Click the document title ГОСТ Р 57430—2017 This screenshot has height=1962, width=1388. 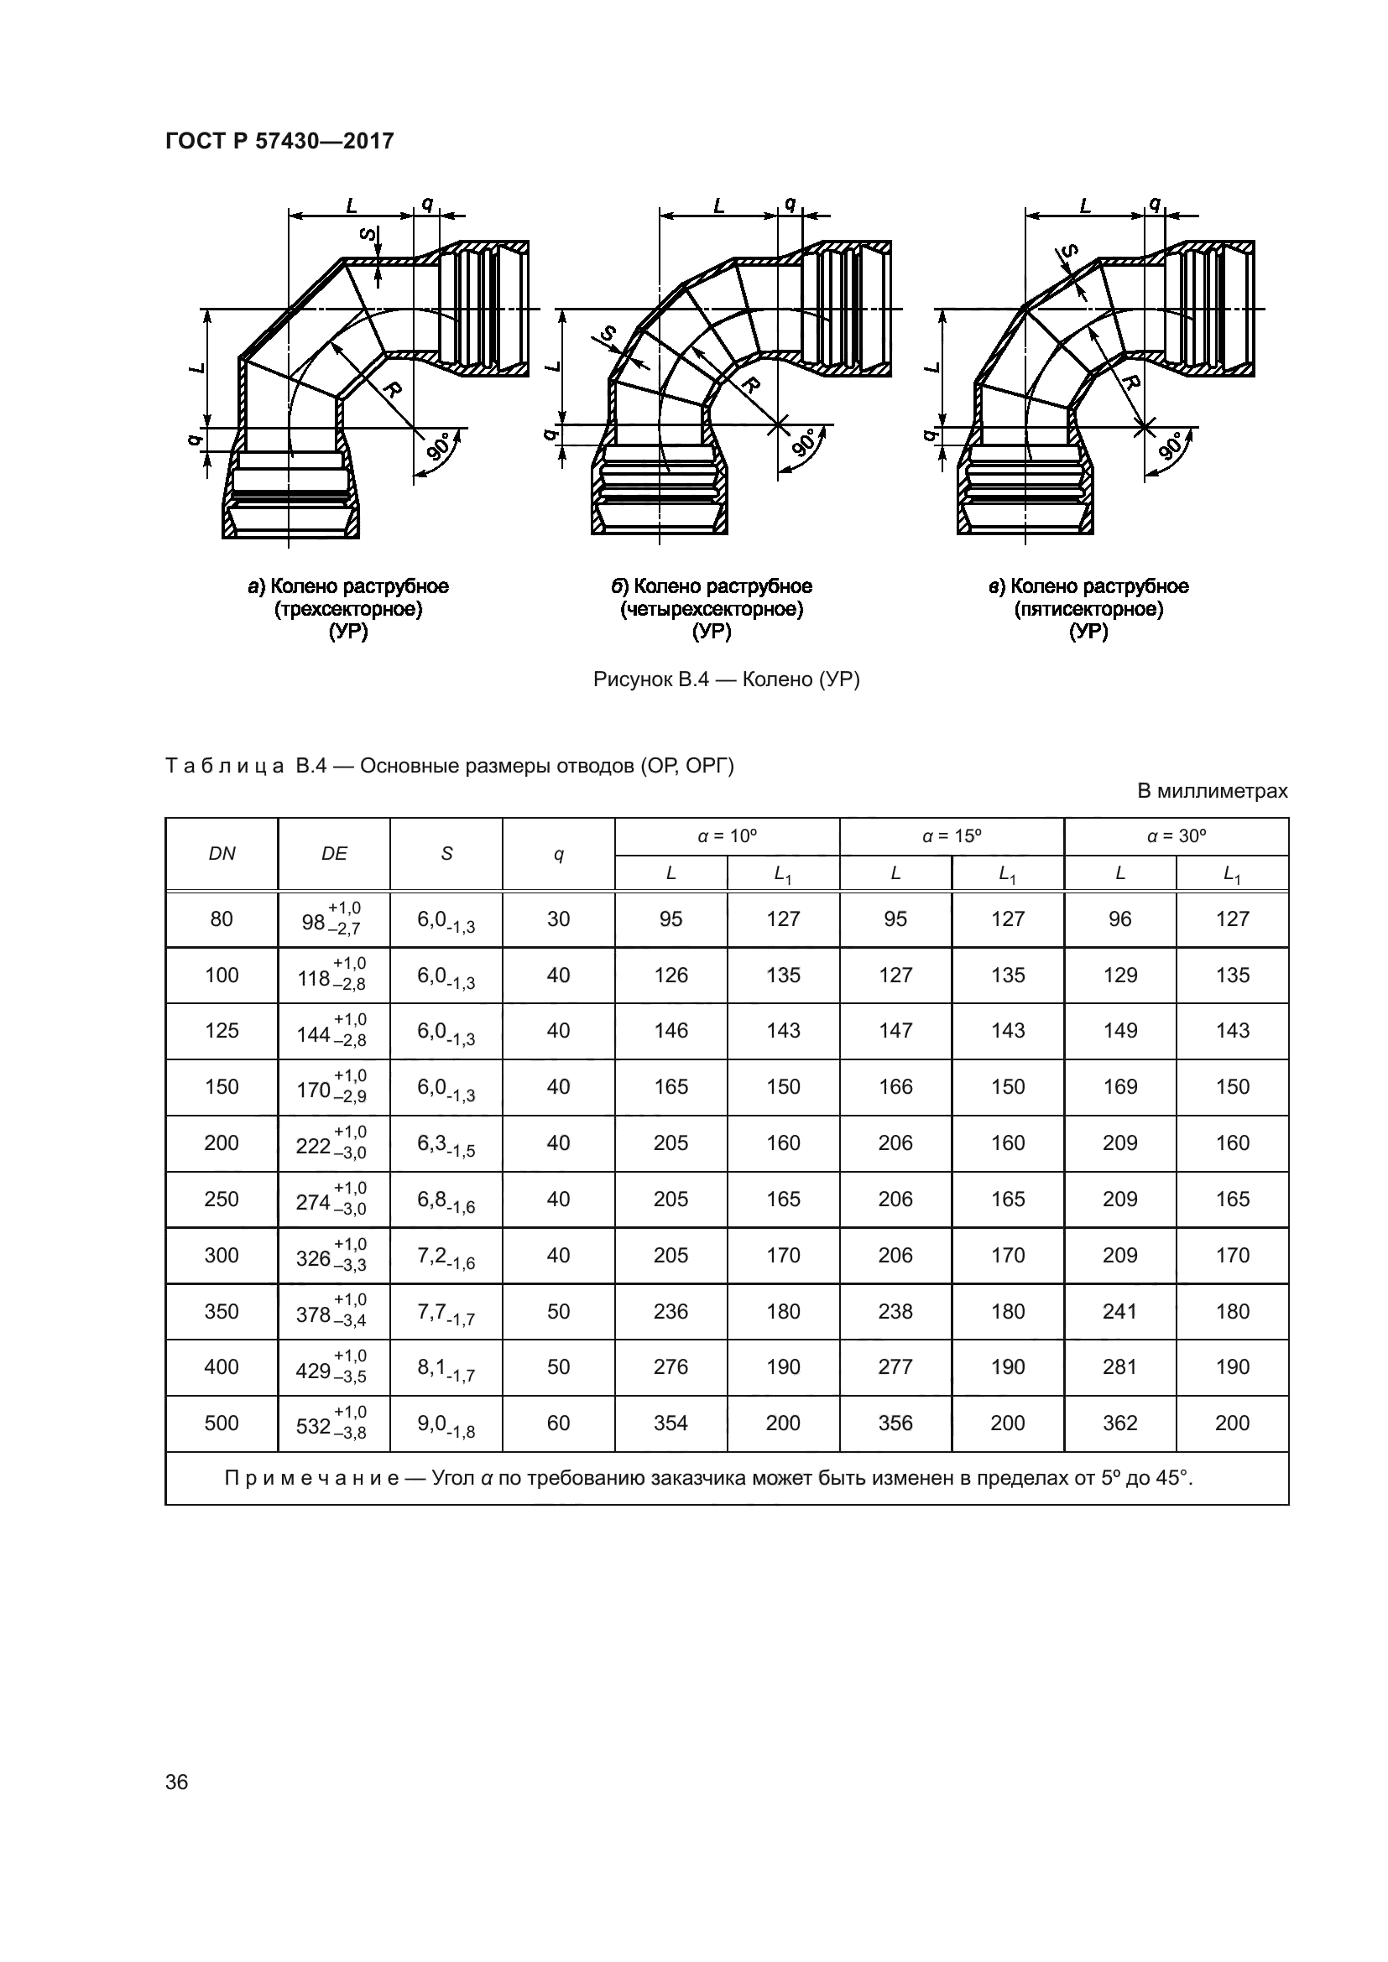pos(279,141)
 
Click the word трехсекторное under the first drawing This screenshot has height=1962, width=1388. pos(348,609)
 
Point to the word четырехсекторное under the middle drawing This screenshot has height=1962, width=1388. pos(712,609)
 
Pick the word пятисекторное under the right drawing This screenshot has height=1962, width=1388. pos(1089,609)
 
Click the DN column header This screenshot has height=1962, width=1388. pos(222,854)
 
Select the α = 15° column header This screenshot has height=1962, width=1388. pos(952,836)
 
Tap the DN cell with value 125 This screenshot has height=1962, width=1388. pos(222,1031)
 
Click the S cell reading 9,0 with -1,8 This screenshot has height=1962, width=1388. pos(446,1423)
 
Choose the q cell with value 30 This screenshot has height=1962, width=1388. pos(558,919)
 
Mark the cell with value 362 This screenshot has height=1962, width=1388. pos(1119,1423)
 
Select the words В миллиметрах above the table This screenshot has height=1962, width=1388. pos(1211,791)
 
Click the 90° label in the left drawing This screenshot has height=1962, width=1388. pos(437,446)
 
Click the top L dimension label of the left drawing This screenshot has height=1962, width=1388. pos(352,205)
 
